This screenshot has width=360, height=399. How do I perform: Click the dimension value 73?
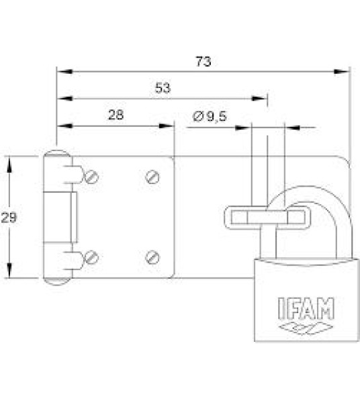coord(204,62)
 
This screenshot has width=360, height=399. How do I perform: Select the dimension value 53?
coord(162,88)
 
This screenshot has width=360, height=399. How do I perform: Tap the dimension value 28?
coord(116,115)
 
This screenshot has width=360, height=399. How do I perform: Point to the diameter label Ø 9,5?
coord(210,116)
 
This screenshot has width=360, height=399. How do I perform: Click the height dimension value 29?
coord(9,217)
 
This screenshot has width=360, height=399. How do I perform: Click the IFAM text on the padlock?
coord(306,309)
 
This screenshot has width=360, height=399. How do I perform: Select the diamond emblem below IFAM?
coord(306,328)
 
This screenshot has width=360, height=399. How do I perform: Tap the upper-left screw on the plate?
coord(91,177)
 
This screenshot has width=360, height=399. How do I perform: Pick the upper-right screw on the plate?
coord(152,177)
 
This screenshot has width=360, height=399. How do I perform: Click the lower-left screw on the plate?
coord(91,257)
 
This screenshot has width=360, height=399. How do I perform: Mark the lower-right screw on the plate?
coord(152,257)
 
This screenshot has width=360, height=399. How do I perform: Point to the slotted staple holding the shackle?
coord(265,216)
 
